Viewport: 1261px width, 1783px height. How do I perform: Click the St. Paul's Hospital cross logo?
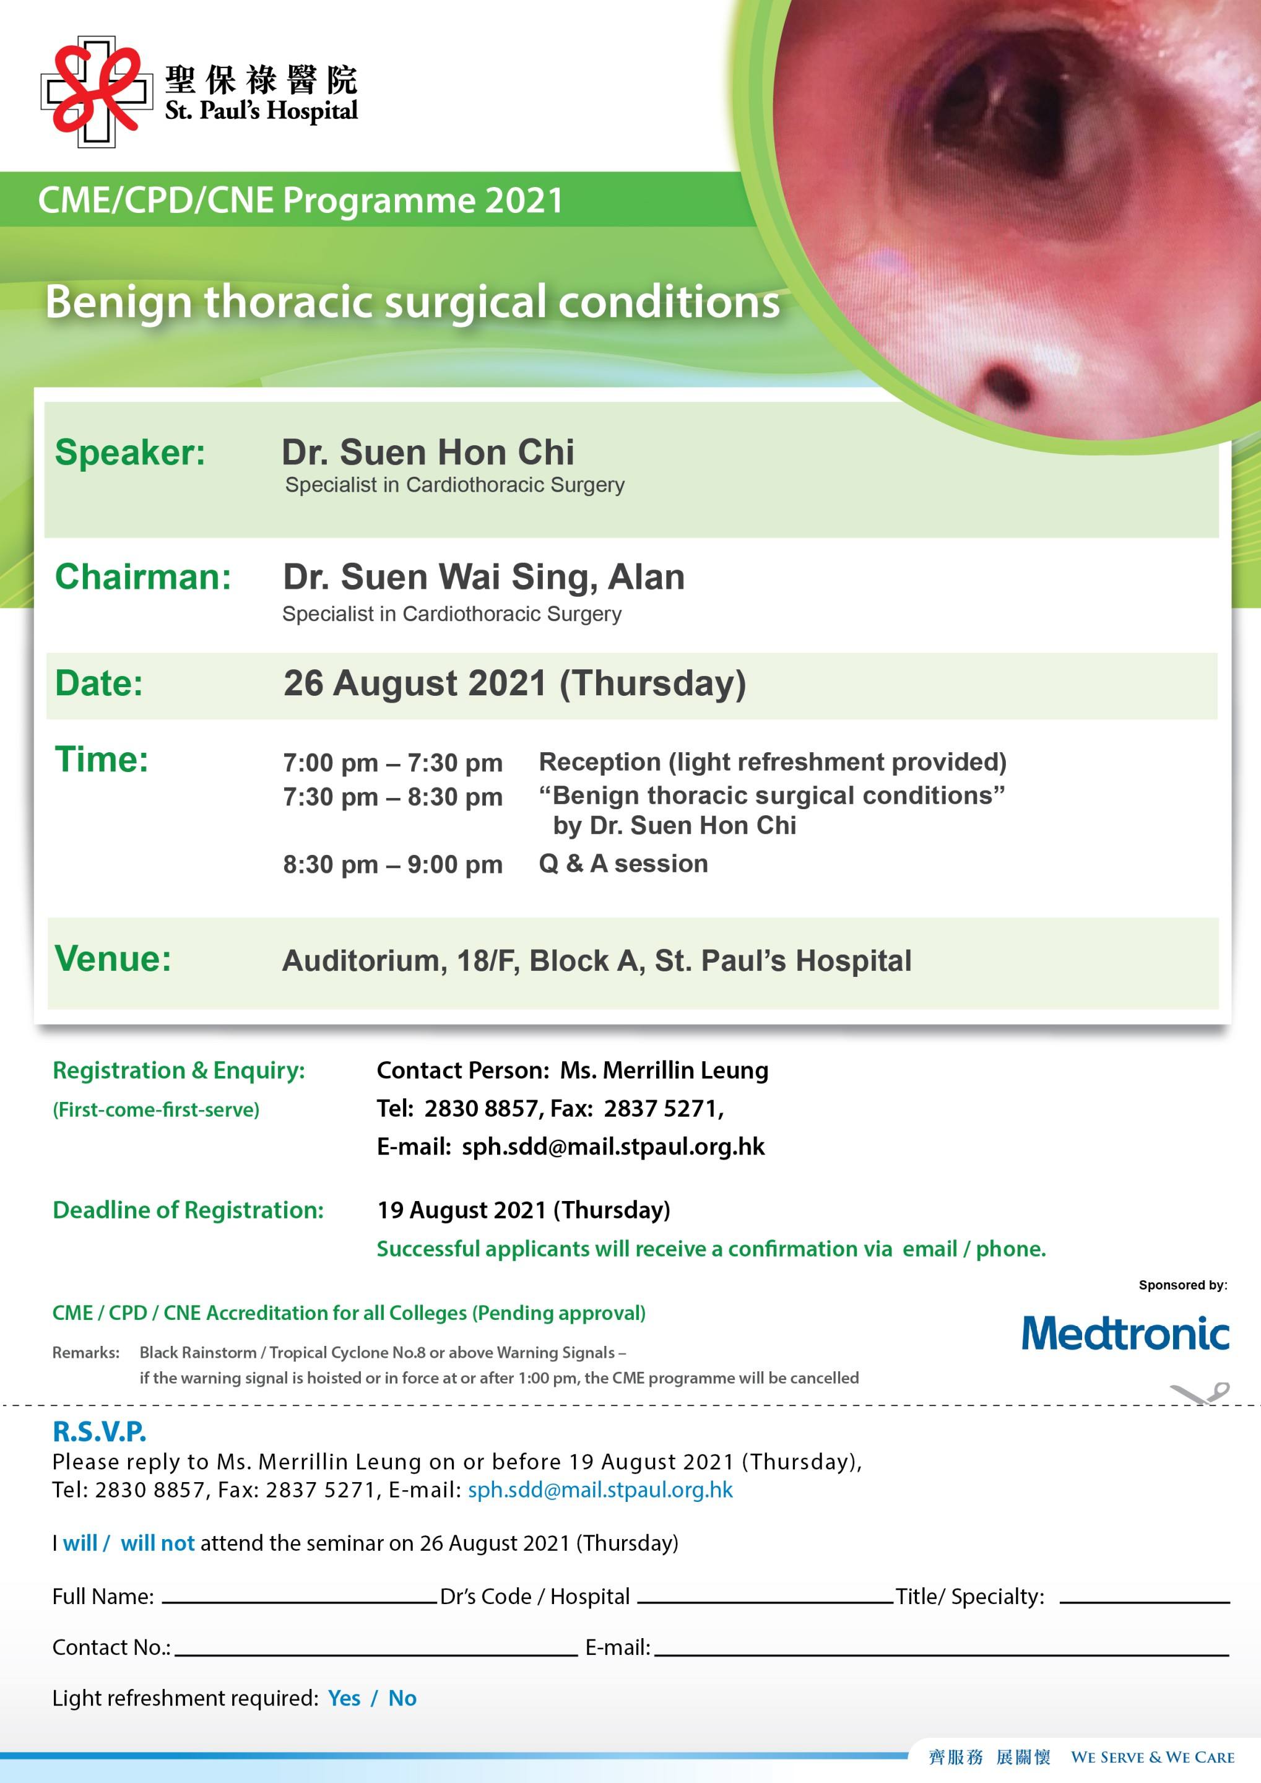tap(97, 92)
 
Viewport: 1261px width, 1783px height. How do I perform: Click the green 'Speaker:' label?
tap(129, 453)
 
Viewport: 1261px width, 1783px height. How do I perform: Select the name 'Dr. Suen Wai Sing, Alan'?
tap(483, 577)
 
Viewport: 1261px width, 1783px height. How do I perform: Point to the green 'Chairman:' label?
tap(143, 577)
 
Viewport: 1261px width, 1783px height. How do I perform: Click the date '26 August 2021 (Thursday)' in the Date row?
tap(515, 683)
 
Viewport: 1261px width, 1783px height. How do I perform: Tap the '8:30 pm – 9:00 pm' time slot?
tap(393, 864)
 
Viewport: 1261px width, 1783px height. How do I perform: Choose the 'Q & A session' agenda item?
tap(623, 864)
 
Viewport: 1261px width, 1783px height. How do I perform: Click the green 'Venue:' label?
tap(113, 958)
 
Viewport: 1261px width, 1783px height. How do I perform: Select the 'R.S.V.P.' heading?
tap(100, 1431)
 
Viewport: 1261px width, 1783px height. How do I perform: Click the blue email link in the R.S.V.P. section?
tap(600, 1490)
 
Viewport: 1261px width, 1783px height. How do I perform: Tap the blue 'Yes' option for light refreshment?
tap(344, 1698)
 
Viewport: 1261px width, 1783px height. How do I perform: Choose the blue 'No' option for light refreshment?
tap(402, 1698)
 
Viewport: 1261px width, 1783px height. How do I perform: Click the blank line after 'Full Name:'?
tap(299, 1601)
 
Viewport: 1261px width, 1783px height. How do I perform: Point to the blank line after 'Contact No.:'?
tap(376, 1654)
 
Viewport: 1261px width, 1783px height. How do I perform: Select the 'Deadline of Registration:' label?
tap(188, 1210)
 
